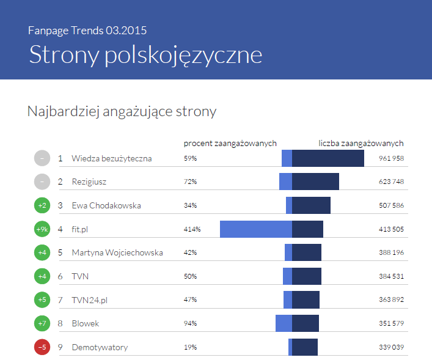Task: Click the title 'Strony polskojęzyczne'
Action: [145, 54]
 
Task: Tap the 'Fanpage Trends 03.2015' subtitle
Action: [87, 30]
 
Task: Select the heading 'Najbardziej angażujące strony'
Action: [122, 111]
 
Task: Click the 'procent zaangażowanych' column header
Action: [230, 143]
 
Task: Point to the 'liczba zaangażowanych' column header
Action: [361, 143]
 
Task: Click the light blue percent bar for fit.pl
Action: [255, 229]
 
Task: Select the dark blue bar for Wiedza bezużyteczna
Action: [328, 158]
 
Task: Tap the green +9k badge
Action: [42, 229]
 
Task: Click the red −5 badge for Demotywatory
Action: [42, 347]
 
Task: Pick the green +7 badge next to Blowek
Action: [42, 323]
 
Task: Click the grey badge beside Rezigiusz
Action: [42, 182]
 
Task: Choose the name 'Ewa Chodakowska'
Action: [106, 205]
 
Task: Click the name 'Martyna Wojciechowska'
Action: [117, 252]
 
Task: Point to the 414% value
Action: [192, 229]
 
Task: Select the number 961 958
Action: [392, 158]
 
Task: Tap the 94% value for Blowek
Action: [191, 323]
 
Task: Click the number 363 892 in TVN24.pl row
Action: [392, 300]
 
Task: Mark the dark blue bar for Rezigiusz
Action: [315, 182]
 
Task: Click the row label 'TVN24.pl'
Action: [90, 300]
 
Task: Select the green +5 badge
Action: [42, 299]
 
